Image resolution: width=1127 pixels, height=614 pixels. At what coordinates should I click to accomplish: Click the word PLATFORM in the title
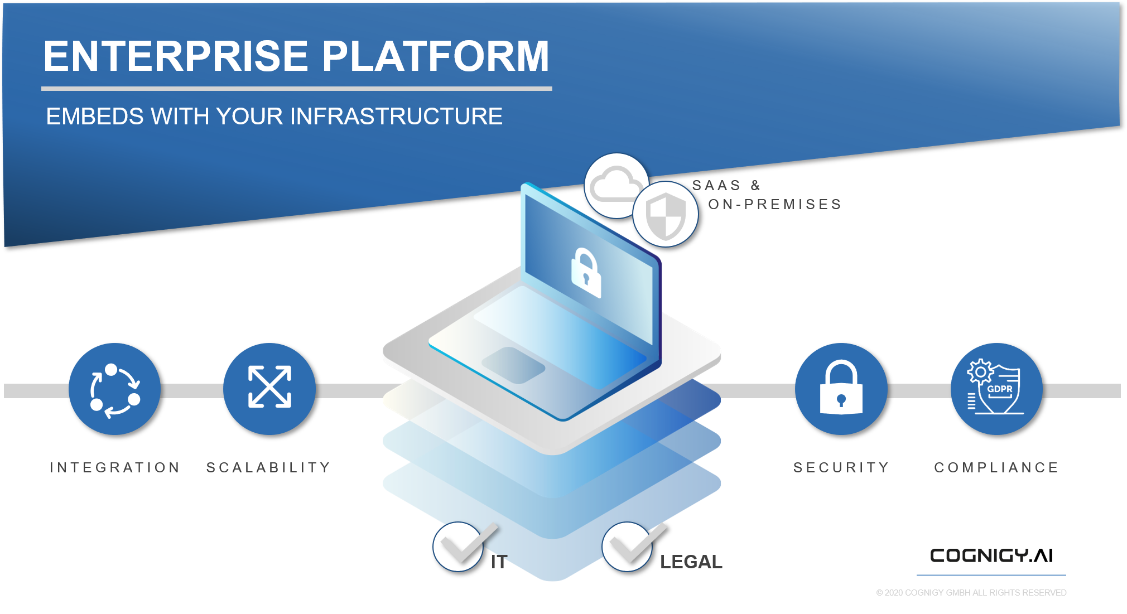coord(436,56)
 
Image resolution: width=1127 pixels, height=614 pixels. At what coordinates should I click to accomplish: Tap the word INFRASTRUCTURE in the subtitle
coord(396,117)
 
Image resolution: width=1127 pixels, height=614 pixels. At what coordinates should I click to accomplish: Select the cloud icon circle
coord(615,185)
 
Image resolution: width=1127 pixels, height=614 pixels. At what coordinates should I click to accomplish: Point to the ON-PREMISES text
coord(774,205)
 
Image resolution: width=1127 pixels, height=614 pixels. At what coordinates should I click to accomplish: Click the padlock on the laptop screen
coord(586,272)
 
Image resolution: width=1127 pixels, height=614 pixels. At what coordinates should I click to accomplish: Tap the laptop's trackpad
coord(513,365)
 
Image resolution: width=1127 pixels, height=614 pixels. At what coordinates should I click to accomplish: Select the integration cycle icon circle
coord(114,389)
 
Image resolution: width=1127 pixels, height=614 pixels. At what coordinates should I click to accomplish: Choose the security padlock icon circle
coord(841,389)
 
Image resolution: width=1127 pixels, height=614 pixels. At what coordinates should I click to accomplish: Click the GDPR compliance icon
coord(996,389)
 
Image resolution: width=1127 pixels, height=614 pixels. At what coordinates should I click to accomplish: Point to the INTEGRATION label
coord(115,467)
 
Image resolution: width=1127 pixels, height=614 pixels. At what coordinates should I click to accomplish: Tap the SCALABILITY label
coord(268,467)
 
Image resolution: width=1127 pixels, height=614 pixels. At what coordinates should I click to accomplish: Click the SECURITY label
coord(841,467)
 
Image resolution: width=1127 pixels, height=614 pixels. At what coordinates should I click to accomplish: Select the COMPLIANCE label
coord(996,467)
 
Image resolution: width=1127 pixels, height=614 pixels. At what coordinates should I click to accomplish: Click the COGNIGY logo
coord(979,555)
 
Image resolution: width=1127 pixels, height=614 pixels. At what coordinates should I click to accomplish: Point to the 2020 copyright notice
coord(971,593)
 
